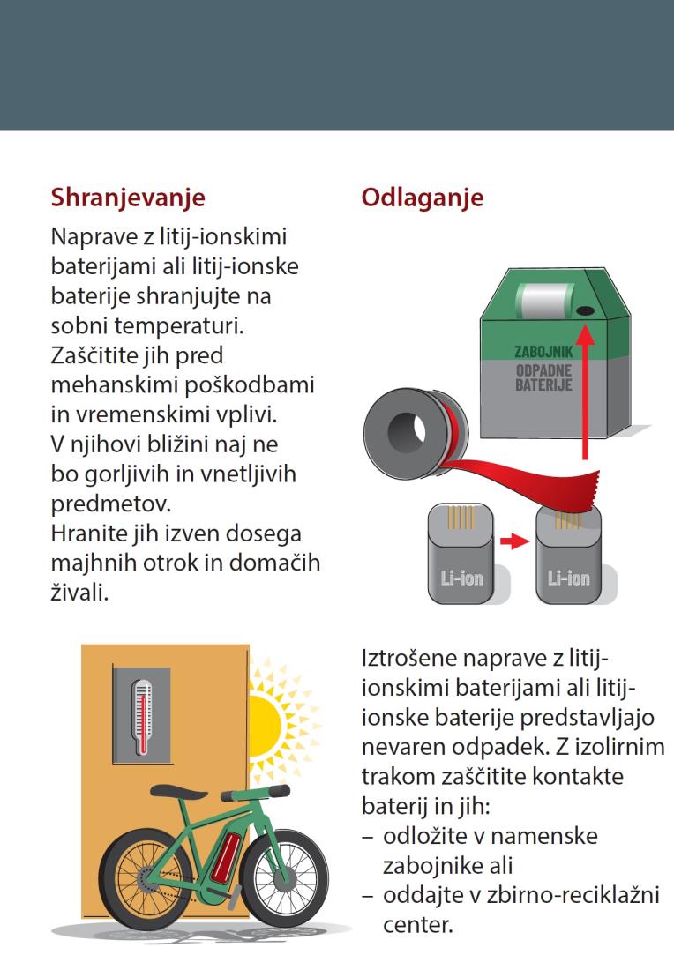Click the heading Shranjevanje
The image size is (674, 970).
point(128,198)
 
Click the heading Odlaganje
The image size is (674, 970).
point(422,198)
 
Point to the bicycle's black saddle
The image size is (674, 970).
point(171,792)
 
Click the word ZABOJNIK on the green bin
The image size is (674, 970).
point(544,351)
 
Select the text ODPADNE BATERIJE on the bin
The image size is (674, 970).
point(544,377)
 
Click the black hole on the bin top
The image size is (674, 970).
point(584,310)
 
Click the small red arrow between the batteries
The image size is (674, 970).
point(514,542)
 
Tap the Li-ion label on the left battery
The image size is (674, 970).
point(461,578)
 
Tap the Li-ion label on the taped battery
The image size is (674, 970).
point(568,578)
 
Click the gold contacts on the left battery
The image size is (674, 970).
point(461,518)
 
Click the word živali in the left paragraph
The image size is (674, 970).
point(79,592)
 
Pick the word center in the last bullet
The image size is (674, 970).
point(418,925)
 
